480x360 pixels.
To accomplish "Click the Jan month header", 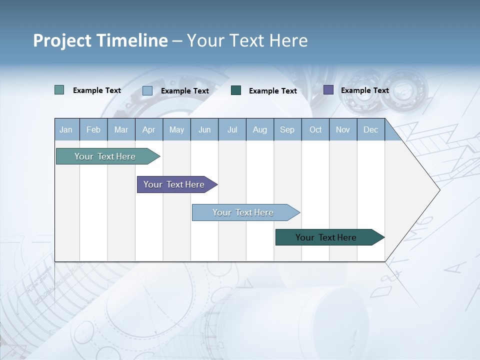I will [66, 130].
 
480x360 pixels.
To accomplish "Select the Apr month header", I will [148, 130].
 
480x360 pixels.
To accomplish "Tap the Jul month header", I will [232, 130].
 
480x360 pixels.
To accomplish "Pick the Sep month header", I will [287, 130].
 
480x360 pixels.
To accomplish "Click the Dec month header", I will [370, 130].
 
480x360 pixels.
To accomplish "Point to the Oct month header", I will [315, 130].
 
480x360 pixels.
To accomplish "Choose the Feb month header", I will [93, 130].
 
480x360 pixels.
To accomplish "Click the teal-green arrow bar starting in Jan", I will [105, 156].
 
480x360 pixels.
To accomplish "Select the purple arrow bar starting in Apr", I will [174, 184].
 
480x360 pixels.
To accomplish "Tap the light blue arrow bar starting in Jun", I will [243, 212].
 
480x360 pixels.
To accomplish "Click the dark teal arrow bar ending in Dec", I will [326, 237].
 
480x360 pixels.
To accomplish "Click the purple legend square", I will [328, 90].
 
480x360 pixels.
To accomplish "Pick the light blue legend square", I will [147, 90].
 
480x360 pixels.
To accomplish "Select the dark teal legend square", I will [236, 90].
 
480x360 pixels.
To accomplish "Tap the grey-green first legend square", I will [59, 90].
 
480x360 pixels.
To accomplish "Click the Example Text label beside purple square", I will [364, 90].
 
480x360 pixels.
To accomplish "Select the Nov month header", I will [343, 130].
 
